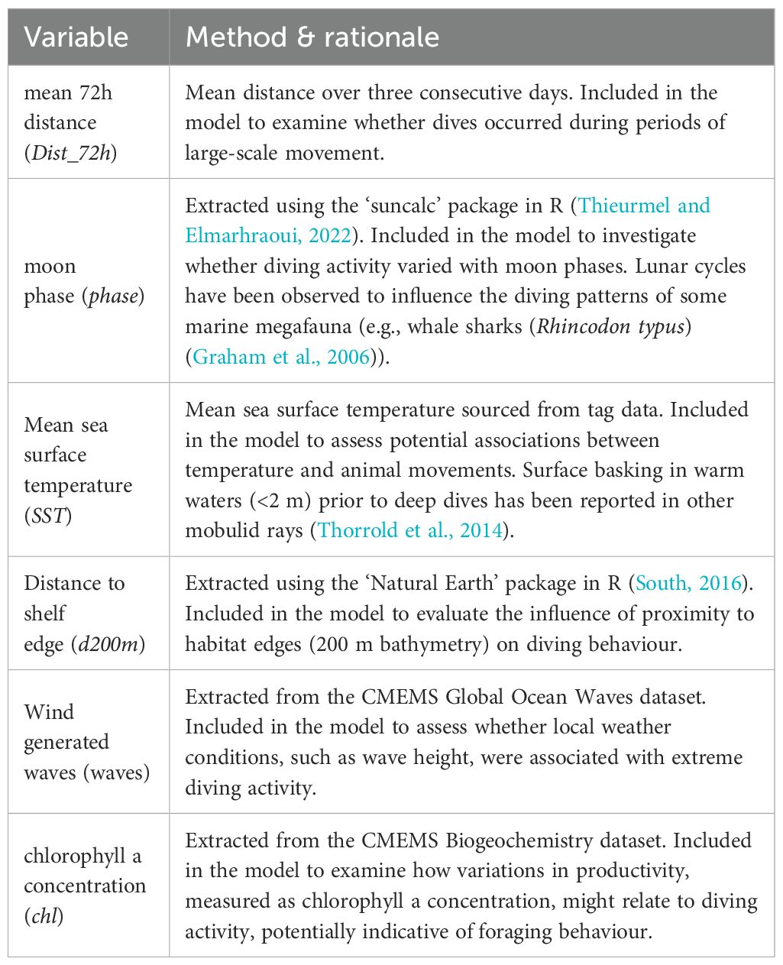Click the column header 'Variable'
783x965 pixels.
[76, 37]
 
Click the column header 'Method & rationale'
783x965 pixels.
[312, 37]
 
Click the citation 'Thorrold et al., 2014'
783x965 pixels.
[410, 530]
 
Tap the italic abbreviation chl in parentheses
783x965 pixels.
[43, 915]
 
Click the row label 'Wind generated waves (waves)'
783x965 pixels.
[86, 742]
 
